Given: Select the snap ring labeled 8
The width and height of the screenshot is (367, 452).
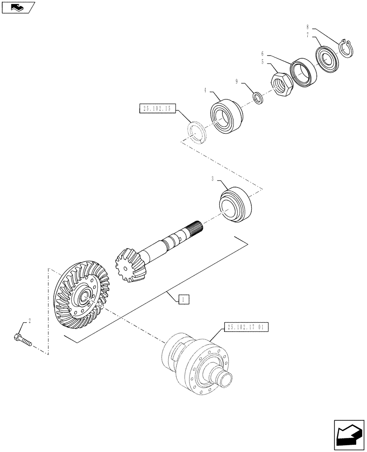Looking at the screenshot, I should coord(346,48).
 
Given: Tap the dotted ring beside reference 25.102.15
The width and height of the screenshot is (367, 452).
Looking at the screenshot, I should coord(197,132).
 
